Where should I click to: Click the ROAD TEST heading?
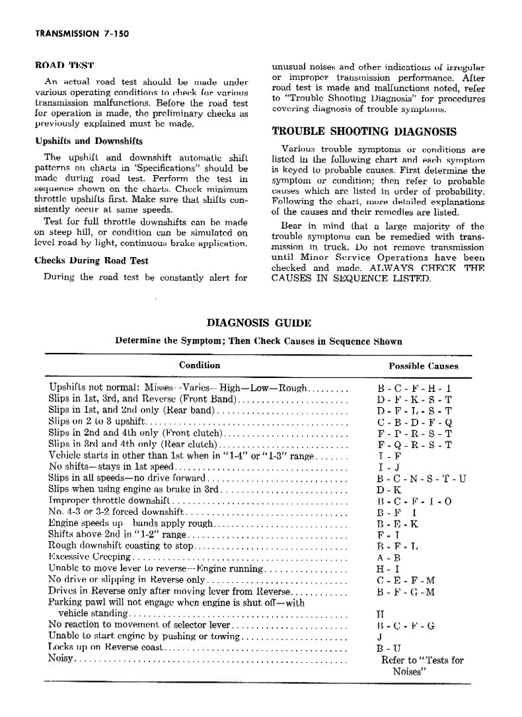click(64, 66)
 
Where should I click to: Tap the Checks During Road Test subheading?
click(91, 260)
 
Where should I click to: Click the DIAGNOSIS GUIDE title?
click(259, 322)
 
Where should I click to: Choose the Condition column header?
click(200, 365)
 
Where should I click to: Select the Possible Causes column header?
click(424, 365)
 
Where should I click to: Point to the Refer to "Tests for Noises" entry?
click(423, 665)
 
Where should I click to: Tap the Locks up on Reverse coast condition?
click(104, 648)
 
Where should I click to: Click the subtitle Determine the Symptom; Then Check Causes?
click(258, 341)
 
